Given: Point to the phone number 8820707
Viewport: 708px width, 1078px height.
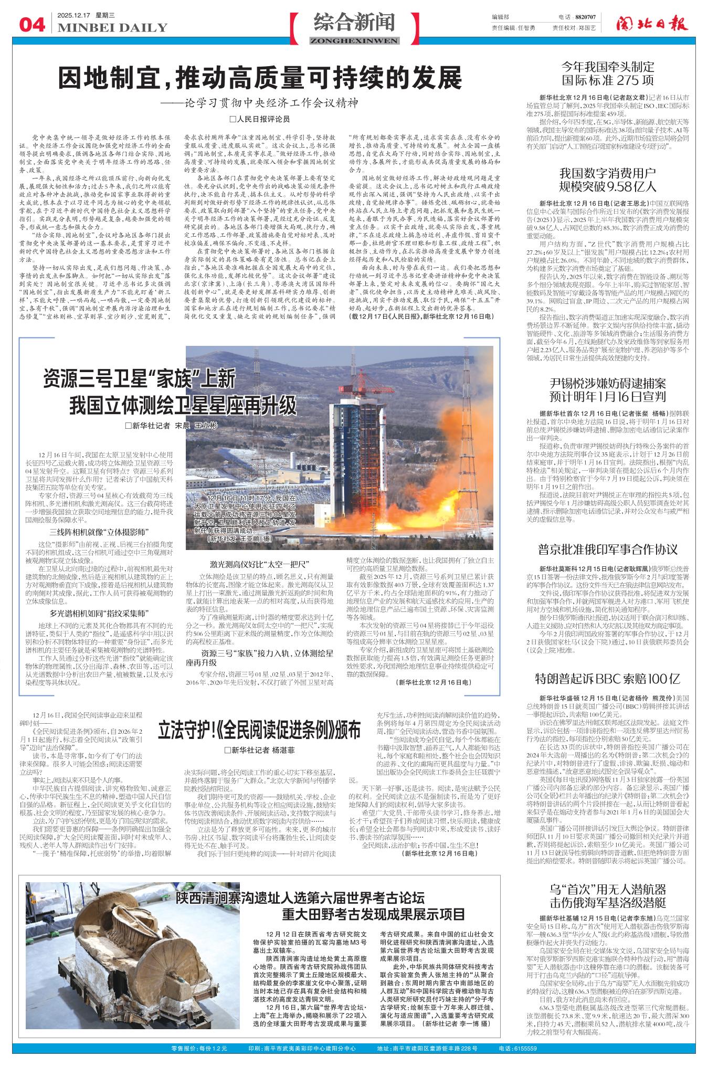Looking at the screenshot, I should pyautogui.click(x=583, y=17).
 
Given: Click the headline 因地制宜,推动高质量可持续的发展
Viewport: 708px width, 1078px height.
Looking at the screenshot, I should pyautogui.click(x=260, y=79).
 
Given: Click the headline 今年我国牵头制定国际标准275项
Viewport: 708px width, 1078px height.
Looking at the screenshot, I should pyautogui.click(x=608, y=73).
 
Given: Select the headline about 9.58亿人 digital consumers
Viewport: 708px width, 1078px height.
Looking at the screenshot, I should pyautogui.click(x=608, y=179).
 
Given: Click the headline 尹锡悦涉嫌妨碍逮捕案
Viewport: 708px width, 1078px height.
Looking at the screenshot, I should pyautogui.click(x=608, y=389).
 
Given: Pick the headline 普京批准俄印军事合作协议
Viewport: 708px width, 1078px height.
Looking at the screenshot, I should pyautogui.click(x=608, y=549).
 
